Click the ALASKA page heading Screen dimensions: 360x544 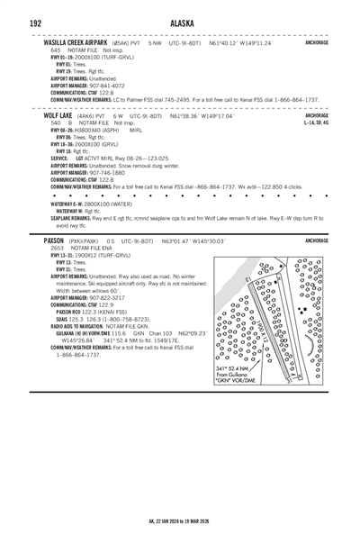179,22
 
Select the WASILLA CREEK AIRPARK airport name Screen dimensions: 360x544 78,42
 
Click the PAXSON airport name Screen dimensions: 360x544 54,241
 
